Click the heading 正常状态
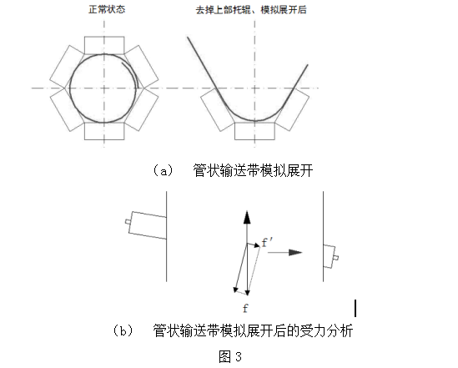pyautogui.click(x=107, y=9)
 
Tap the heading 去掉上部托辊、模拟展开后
pyautogui.click(x=251, y=10)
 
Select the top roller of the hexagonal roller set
pyautogui.click(x=104, y=45)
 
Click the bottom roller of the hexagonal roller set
pyautogui.click(x=104, y=131)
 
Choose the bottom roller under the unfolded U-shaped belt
pyautogui.click(x=254, y=131)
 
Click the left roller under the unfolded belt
pyautogui.click(x=218, y=109)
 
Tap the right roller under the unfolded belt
pyautogui.click(x=292, y=109)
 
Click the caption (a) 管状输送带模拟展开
pyautogui.click(x=233, y=170)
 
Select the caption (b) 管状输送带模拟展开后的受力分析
pyautogui.click(x=233, y=330)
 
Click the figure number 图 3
pyautogui.click(x=230, y=356)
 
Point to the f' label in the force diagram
pyautogui.click(x=267, y=242)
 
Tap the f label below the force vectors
pyautogui.click(x=245, y=308)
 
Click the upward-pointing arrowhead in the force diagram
pyautogui.click(x=247, y=217)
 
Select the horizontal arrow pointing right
pyautogui.click(x=284, y=252)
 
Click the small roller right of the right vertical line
pyautogui.click(x=330, y=256)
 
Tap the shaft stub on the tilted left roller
pyautogui.click(x=128, y=222)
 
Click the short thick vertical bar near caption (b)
pyautogui.click(x=355, y=308)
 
